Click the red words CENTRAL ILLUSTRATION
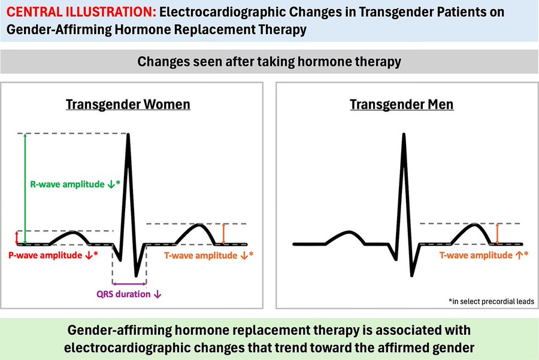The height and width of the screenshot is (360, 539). (81, 13)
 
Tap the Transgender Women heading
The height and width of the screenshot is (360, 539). (128, 105)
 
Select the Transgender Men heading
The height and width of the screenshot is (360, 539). (401, 105)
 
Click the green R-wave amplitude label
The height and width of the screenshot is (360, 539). (75, 184)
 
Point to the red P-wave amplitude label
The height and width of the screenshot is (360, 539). (53, 255)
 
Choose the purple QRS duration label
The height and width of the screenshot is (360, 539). (129, 294)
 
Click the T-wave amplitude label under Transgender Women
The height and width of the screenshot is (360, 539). (208, 255)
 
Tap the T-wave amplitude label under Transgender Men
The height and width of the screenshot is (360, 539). (484, 255)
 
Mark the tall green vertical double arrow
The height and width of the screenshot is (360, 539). (25, 189)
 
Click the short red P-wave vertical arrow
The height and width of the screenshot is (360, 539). (17, 238)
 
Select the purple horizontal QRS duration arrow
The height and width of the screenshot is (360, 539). (129, 284)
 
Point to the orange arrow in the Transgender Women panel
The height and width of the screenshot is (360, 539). (223, 234)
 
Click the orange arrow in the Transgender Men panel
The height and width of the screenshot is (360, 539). (497, 234)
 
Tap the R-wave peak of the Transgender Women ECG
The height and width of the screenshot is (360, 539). (128, 134)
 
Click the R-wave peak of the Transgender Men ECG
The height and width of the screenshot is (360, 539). (404, 134)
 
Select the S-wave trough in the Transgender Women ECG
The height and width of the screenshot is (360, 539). (136, 275)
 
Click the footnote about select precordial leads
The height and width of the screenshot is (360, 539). (491, 301)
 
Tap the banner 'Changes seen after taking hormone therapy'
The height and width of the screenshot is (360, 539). (269, 62)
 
